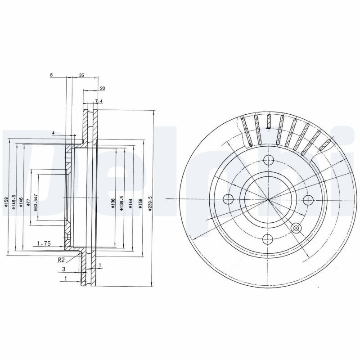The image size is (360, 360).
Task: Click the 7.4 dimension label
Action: (x=99, y=101)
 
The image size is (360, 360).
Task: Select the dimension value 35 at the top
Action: (x=81, y=76)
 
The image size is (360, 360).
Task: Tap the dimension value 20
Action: (x=103, y=88)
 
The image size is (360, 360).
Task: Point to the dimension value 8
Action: (x=52, y=76)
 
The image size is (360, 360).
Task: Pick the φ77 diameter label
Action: (x=28, y=201)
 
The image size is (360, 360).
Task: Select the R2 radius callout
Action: (x=62, y=260)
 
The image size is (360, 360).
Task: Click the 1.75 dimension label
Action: (x=43, y=243)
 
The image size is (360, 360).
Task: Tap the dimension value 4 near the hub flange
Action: (x=53, y=133)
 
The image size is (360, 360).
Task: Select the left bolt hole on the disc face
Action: (x=228, y=199)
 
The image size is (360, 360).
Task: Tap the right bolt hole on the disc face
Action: (x=308, y=199)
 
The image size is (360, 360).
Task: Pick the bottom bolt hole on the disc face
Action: (x=268, y=239)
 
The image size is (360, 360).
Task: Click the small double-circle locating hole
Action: (x=296, y=228)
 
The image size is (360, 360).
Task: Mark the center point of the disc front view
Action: (x=268, y=199)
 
